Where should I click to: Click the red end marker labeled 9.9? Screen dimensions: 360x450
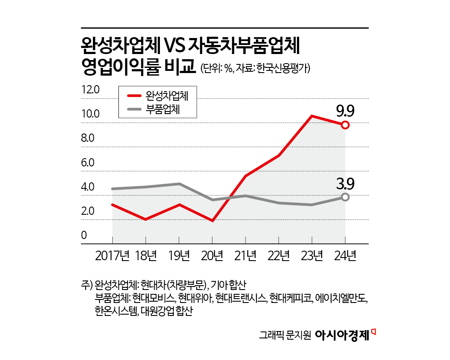point(345,125)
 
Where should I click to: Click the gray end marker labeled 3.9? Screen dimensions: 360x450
point(345,197)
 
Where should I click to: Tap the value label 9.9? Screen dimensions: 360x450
point(345,112)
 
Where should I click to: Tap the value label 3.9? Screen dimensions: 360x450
point(345,185)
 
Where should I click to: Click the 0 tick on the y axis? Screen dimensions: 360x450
point(84,236)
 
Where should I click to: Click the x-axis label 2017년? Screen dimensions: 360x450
point(112,256)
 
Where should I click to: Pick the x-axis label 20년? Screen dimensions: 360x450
point(212,256)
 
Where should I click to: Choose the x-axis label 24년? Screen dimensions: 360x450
point(345,256)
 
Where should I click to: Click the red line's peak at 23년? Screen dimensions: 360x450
point(312,116)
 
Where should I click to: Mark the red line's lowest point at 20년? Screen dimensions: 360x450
point(212,221)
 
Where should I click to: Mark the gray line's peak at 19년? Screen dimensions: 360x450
point(179,184)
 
